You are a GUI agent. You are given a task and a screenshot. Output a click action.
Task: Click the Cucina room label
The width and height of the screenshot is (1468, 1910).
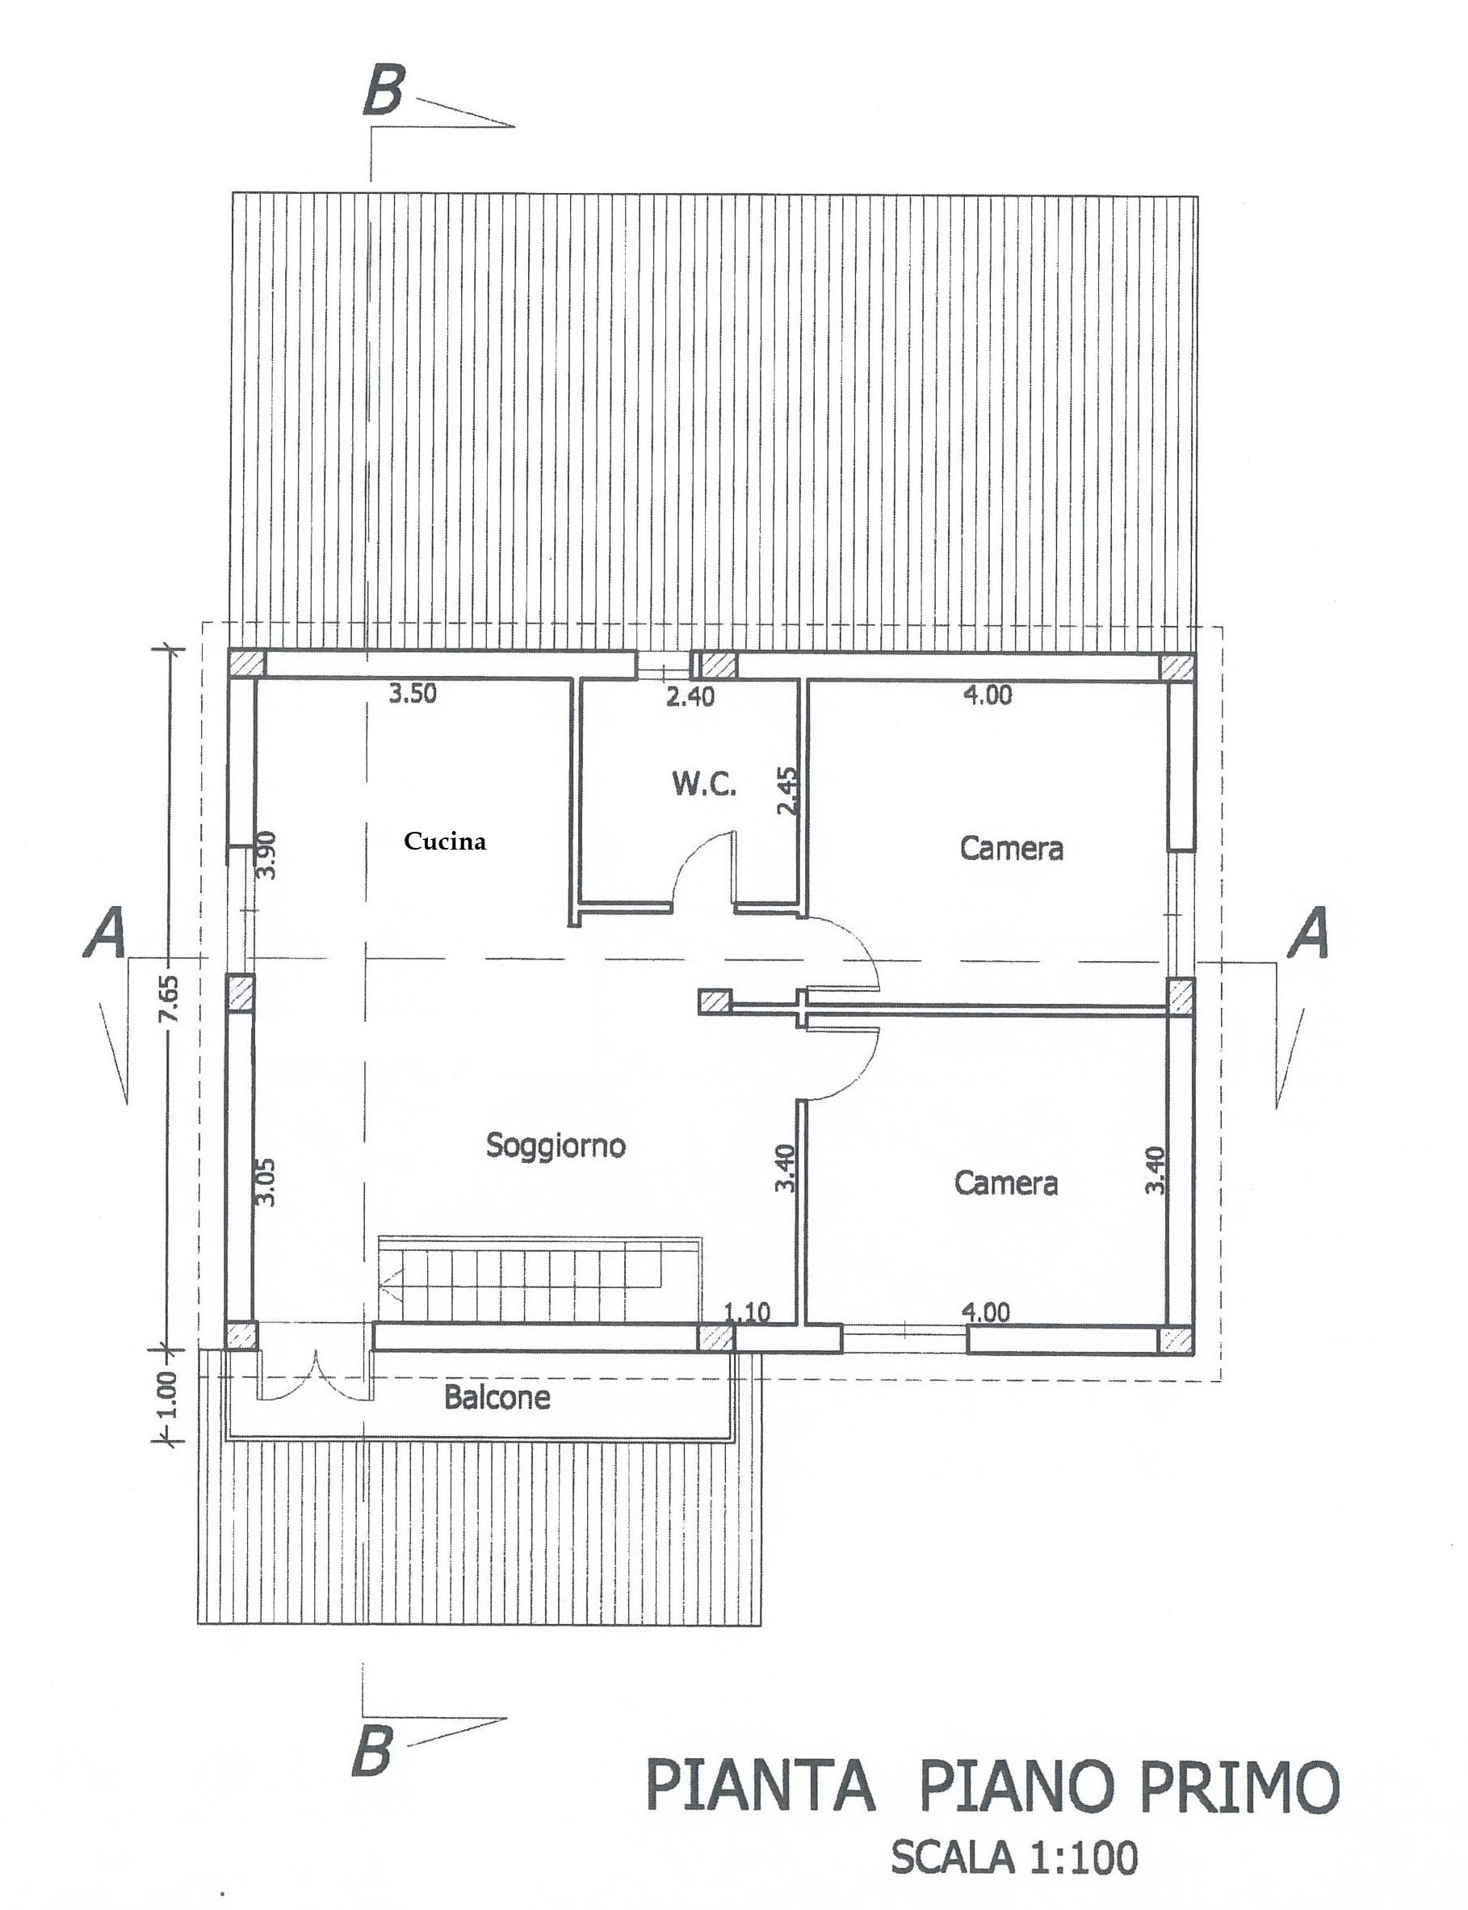[x=445, y=842]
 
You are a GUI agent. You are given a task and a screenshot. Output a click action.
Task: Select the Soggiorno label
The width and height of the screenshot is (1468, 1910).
[x=556, y=1144]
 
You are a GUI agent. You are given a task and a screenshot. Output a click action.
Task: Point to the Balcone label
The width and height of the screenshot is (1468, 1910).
[x=497, y=1397]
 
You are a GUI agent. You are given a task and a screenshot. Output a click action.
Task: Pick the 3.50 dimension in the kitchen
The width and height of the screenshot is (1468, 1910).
[x=413, y=695]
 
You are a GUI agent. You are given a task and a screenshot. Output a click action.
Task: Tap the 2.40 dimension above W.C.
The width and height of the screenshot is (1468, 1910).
[x=690, y=696]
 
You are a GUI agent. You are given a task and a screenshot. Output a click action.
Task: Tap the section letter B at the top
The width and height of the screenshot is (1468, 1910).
[x=384, y=91]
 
